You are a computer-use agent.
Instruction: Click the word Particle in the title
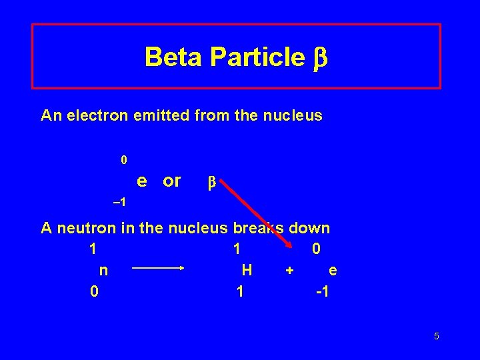pyautogui.click(x=257, y=57)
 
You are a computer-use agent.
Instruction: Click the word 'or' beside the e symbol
pyautogui.click(x=172, y=181)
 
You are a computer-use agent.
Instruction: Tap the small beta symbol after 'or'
pyautogui.click(x=212, y=182)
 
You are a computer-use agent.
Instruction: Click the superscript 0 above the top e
pyautogui.click(x=123, y=160)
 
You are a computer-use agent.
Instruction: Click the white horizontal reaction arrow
pyautogui.click(x=158, y=269)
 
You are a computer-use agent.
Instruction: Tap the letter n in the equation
pyautogui.click(x=103, y=270)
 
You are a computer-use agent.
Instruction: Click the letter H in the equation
pyautogui.click(x=247, y=270)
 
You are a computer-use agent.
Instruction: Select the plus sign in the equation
pyautogui.click(x=289, y=271)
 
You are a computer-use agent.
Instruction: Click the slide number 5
pyautogui.click(x=436, y=336)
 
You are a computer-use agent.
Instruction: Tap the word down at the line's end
pyautogui.click(x=309, y=228)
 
